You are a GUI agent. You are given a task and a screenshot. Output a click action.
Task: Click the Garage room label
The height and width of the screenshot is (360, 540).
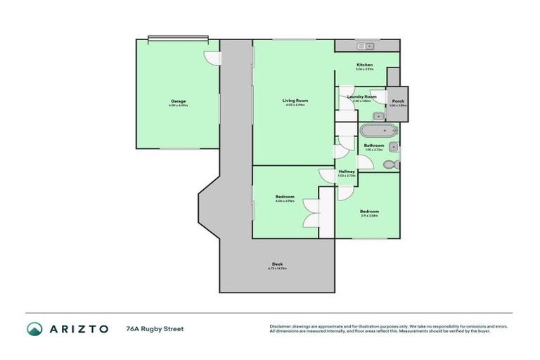click(x=178, y=101)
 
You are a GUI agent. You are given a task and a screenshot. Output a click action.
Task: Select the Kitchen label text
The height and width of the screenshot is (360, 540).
click(x=364, y=65)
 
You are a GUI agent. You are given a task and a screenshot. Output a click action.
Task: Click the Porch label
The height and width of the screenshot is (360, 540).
click(x=399, y=101)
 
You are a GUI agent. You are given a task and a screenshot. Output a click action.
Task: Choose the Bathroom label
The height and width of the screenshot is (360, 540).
click(x=374, y=146)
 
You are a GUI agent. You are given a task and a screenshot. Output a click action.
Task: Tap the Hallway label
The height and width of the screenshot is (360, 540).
click(x=347, y=171)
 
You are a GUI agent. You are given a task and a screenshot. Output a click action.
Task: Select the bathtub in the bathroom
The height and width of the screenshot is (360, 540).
click(x=378, y=131)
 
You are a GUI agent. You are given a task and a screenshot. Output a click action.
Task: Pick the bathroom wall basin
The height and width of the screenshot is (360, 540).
click(x=394, y=147)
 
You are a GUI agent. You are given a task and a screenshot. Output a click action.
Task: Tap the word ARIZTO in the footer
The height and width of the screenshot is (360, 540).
click(x=78, y=328)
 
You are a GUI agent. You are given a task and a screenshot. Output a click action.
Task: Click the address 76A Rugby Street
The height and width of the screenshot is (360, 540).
click(x=154, y=328)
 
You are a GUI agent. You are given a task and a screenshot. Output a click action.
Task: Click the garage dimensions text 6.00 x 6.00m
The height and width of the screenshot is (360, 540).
click(x=178, y=105)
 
